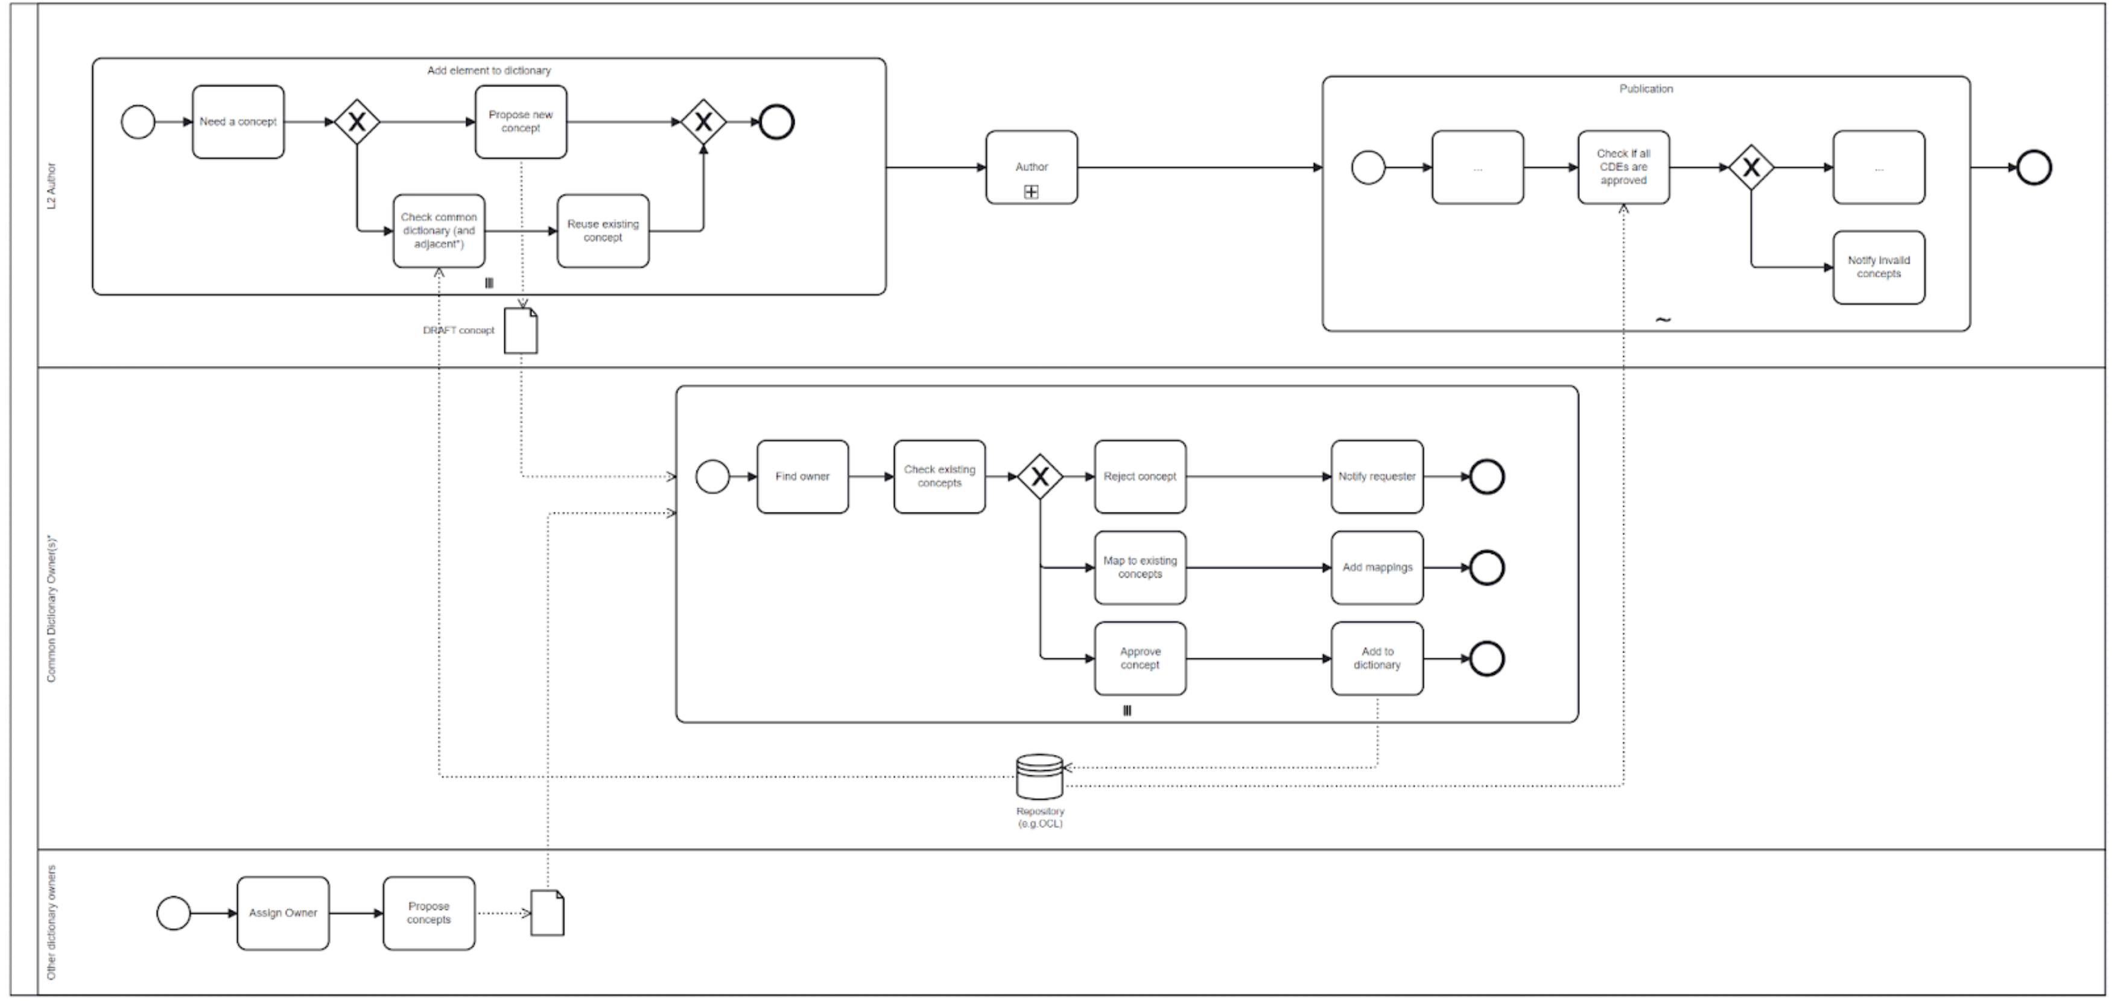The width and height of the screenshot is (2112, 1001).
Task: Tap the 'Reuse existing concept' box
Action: (x=603, y=231)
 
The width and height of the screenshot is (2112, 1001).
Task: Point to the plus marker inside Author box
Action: (x=1032, y=192)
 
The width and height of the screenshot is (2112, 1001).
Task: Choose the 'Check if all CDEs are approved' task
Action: (x=1623, y=167)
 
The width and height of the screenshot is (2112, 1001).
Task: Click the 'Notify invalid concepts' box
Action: (x=1879, y=267)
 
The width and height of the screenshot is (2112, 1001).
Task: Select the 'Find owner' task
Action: (x=802, y=477)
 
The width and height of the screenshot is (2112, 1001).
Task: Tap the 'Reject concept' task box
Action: (x=1140, y=477)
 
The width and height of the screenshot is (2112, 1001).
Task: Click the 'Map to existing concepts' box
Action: (x=1140, y=567)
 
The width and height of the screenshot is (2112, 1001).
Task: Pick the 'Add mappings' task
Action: (x=1377, y=567)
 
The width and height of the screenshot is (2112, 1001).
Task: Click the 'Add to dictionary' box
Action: (x=1377, y=658)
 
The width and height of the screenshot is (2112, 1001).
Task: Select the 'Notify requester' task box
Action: (x=1377, y=477)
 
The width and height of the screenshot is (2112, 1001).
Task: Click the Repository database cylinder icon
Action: (x=1039, y=776)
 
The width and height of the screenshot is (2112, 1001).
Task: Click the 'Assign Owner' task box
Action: (x=283, y=914)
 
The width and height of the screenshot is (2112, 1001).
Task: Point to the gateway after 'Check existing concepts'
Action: (x=1039, y=477)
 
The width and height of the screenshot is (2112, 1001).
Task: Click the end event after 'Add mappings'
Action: (x=1486, y=567)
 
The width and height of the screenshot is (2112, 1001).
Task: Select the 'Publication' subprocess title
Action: (x=1646, y=89)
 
